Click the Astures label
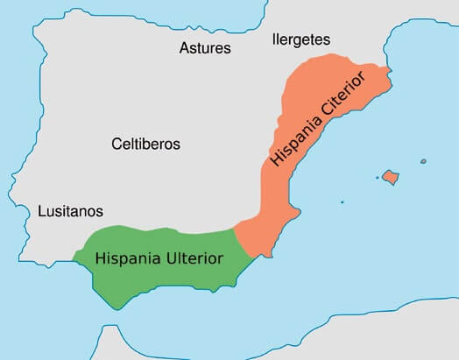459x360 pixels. [204, 47]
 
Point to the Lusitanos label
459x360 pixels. [71, 211]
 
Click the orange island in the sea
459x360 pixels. [390, 178]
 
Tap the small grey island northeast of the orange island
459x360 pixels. [422, 161]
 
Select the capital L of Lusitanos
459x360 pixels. [42, 211]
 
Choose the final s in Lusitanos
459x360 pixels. [100, 211]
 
